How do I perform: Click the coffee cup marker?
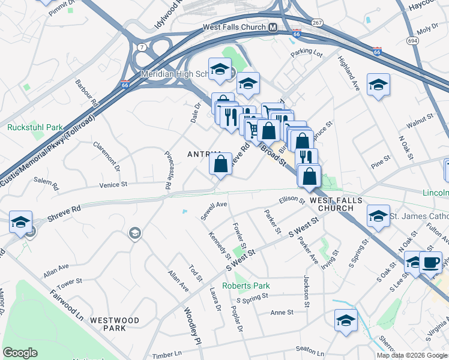pyautogui.click(x=430, y=263)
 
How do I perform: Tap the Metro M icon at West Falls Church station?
pyautogui.click(x=273, y=28)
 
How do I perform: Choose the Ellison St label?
pyautogui.click(x=292, y=200)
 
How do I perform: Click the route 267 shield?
pyautogui.click(x=318, y=22)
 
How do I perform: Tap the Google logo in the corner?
pyautogui.click(x=20, y=353)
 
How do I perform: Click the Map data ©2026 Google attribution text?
pyautogui.click(x=412, y=355)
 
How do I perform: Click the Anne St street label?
pyautogui.click(x=282, y=313)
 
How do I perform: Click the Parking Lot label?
pyautogui.click(x=307, y=54)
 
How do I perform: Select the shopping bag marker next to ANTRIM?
pyautogui.click(x=221, y=163)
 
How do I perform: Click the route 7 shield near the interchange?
pyautogui.click(x=140, y=47)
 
